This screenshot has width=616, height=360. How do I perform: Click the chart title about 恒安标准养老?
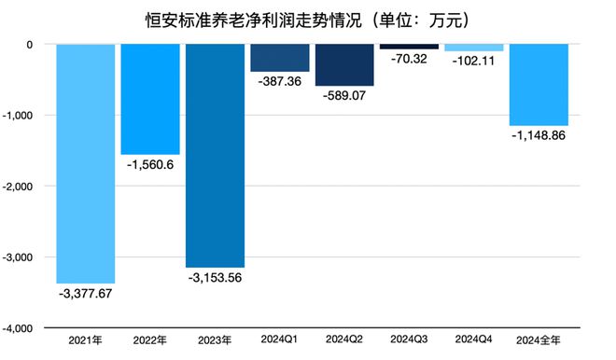coord(307,18)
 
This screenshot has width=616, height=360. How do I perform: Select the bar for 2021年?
coord(86,163)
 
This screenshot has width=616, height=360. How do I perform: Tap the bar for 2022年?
coord(150,99)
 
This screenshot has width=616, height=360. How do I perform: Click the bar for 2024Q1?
coord(279,58)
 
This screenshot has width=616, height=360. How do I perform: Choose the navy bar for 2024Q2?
coord(344,65)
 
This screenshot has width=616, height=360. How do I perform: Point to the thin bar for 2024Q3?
coord(409,47)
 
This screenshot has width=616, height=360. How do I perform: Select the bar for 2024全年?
coord(539,85)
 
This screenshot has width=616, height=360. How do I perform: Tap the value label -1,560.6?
coord(150,164)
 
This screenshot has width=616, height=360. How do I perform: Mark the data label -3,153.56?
coord(215,278)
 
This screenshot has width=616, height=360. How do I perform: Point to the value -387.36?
coord(279,82)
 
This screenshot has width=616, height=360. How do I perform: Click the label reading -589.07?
coord(344,97)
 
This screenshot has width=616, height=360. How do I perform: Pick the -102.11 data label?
coord(474,62)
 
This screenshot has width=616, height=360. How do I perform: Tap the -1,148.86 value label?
coord(539,136)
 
